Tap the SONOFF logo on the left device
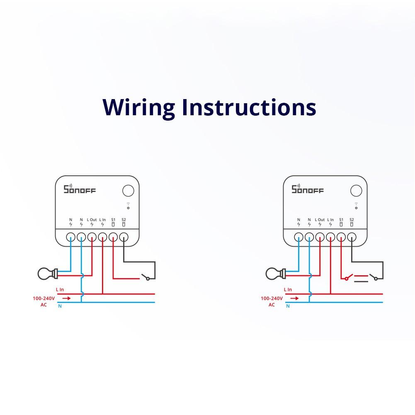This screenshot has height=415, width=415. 79,189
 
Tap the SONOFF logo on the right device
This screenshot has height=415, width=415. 307,189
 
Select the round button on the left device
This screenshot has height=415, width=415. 129,191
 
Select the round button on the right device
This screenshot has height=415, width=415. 356,191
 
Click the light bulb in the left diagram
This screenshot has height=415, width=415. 46,273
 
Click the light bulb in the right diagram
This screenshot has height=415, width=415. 274,273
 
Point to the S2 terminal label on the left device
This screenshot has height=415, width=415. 124,220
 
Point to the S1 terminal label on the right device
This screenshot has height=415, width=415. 341,220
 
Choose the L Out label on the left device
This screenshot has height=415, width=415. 92,220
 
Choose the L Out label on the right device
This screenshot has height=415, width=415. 320,220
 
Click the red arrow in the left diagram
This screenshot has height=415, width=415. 66,298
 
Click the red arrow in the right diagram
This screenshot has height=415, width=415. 294,298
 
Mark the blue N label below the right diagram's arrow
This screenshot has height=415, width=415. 288,306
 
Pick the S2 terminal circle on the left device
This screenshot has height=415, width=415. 124,237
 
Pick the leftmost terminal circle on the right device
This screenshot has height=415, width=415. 299,237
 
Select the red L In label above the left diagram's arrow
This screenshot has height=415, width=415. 60,290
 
